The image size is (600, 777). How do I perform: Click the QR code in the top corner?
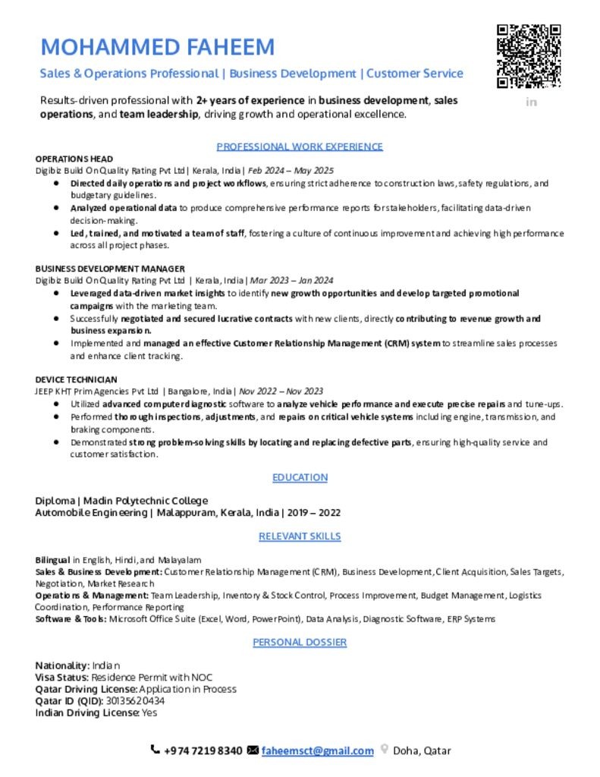tap(529, 56)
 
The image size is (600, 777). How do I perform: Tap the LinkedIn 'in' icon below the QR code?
tap(531, 102)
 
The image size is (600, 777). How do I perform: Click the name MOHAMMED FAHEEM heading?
tap(158, 47)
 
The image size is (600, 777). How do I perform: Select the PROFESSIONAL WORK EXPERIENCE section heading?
tap(300, 146)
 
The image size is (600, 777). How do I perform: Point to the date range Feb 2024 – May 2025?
tap(291, 171)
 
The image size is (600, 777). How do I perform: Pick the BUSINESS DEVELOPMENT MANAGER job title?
tap(110, 269)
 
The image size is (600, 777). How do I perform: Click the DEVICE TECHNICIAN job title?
tap(76, 379)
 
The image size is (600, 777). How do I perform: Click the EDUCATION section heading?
tap(300, 477)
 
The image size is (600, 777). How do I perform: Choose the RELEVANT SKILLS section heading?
tap(300, 536)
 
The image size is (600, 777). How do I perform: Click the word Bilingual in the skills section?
tap(53, 560)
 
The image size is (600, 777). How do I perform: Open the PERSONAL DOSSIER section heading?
tap(300, 642)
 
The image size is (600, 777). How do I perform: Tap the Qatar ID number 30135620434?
tap(131, 701)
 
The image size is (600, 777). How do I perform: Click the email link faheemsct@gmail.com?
tap(318, 751)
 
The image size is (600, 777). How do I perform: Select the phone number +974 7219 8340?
tap(203, 751)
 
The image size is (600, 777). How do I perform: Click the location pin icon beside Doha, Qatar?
tap(385, 750)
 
